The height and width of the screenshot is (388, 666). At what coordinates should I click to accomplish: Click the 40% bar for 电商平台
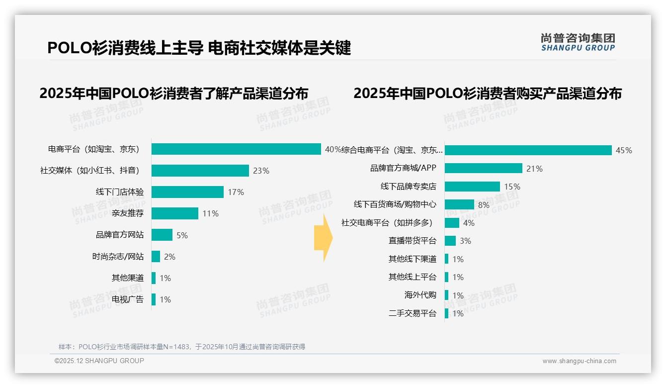tap(236, 149)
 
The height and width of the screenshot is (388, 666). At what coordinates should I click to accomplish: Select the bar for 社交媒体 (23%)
tap(200, 171)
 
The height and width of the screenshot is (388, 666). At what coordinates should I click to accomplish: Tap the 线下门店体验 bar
tap(187, 192)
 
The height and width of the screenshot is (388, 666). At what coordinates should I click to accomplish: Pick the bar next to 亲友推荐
tap(174, 213)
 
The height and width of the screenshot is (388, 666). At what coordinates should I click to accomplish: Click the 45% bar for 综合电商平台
tap(528, 150)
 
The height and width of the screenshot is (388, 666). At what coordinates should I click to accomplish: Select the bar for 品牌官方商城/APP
tap(483, 168)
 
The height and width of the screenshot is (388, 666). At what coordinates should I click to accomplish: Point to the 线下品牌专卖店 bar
tap(472, 187)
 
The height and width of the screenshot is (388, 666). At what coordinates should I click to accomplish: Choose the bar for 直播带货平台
tap(450, 241)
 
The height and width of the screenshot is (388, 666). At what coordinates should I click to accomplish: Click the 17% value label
tap(236, 193)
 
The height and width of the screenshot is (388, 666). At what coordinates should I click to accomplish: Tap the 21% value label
tap(534, 169)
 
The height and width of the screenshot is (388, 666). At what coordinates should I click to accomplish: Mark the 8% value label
tap(484, 205)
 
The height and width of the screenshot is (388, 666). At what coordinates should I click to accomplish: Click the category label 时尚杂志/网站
tap(118, 257)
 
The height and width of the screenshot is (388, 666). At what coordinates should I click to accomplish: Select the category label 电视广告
tap(127, 299)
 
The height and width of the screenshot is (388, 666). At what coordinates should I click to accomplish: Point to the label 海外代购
tap(420, 295)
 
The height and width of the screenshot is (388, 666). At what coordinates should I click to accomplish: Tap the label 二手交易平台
tap(412, 313)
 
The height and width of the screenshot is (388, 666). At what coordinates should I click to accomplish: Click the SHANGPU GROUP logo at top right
tap(578, 42)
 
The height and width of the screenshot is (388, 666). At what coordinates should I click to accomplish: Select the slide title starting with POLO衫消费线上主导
tap(199, 48)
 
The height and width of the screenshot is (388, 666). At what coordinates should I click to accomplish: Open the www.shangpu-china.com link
tap(579, 361)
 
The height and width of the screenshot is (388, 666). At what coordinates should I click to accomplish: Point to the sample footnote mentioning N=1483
tap(182, 347)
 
